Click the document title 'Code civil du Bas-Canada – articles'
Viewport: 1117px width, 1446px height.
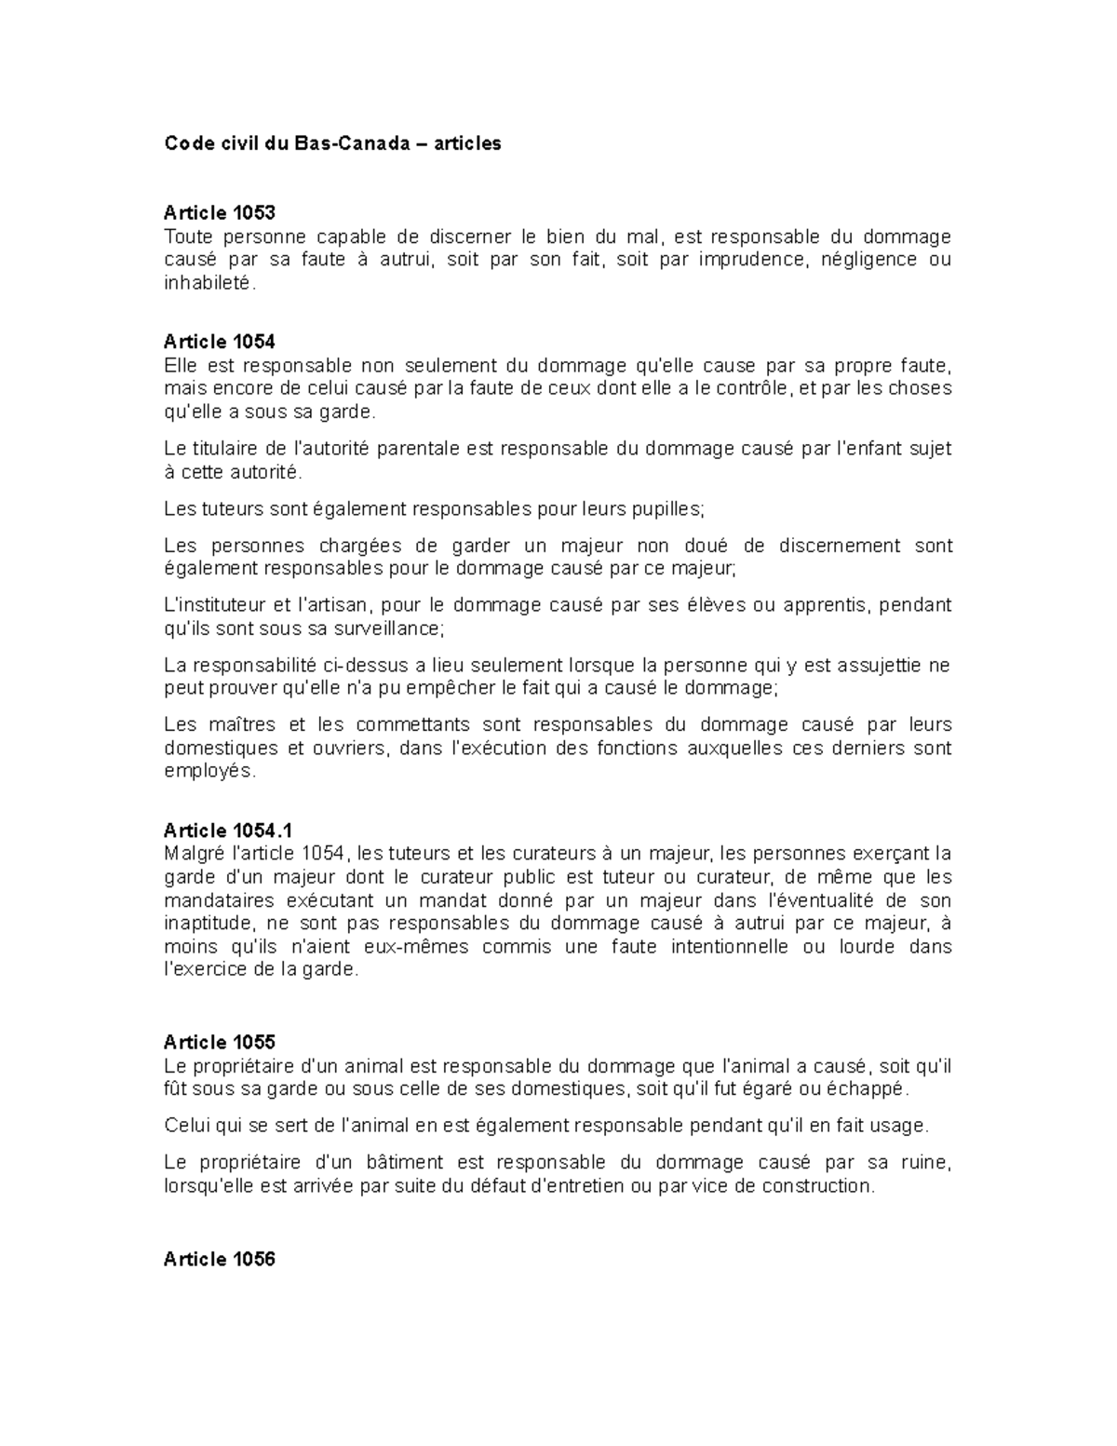(x=332, y=143)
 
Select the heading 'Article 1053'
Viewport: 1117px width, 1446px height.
(x=219, y=213)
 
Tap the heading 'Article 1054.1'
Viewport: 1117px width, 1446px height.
(x=228, y=831)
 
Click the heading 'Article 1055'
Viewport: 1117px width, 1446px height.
(x=219, y=1042)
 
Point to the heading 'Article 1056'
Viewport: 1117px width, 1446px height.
(x=219, y=1260)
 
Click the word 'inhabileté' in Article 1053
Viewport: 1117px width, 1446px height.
(x=207, y=283)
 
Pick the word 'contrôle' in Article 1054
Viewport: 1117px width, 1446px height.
(x=752, y=388)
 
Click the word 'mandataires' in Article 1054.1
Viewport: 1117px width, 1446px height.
(x=219, y=900)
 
